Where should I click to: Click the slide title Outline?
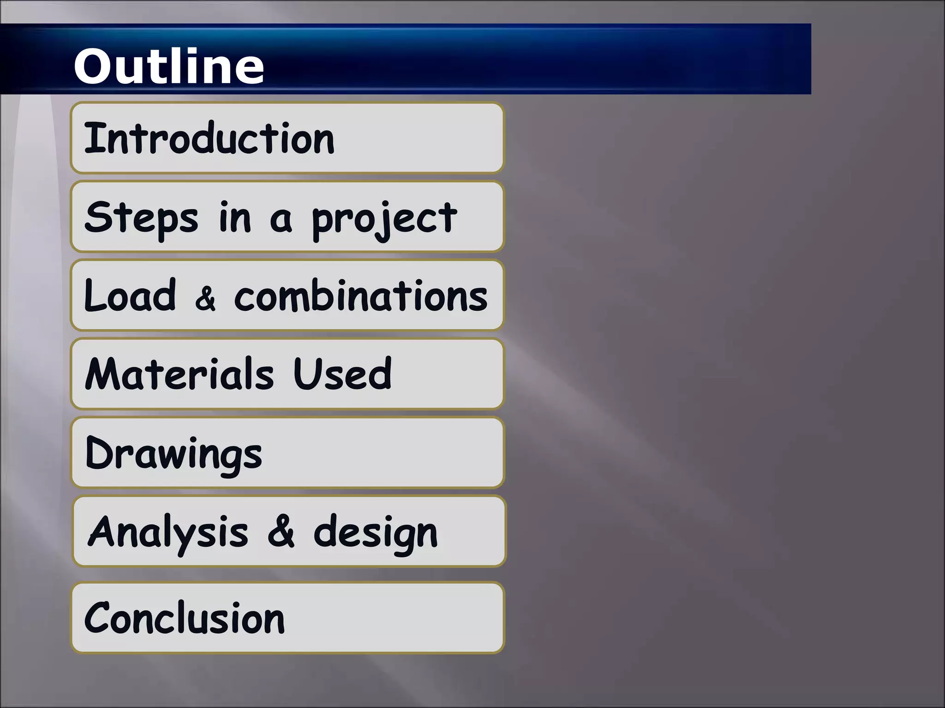point(169,66)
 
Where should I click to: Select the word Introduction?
point(209,138)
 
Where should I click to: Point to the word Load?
point(130,296)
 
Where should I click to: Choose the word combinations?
point(361,296)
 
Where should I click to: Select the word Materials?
point(180,374)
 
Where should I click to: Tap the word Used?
point(342,374)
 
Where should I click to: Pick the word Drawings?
point(173,454)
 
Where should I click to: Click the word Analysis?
point(168,533)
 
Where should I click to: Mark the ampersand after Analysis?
point(281,532)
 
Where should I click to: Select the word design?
point(376,534)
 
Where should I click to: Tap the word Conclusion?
point(184,619)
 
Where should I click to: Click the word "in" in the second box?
point(235,218)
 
